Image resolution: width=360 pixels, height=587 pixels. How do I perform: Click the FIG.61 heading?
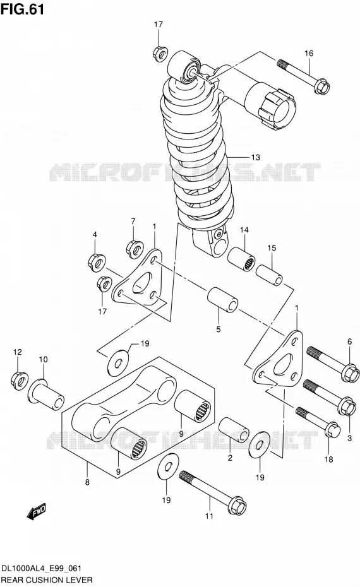coord(23,9)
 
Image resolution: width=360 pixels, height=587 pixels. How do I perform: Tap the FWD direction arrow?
coord(37,511)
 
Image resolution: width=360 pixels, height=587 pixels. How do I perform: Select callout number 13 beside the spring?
coord(256,157)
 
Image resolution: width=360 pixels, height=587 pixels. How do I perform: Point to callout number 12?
coord(18,352)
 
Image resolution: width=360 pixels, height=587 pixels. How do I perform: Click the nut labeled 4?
coord(97,261)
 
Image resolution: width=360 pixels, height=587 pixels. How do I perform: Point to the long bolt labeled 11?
coord(213,493)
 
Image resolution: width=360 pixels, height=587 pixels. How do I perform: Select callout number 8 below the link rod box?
coord(87,482)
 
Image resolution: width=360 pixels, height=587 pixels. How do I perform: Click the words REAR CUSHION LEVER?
coord(47,580)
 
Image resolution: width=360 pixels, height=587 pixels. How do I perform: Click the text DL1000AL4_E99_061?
coord(42,569)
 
